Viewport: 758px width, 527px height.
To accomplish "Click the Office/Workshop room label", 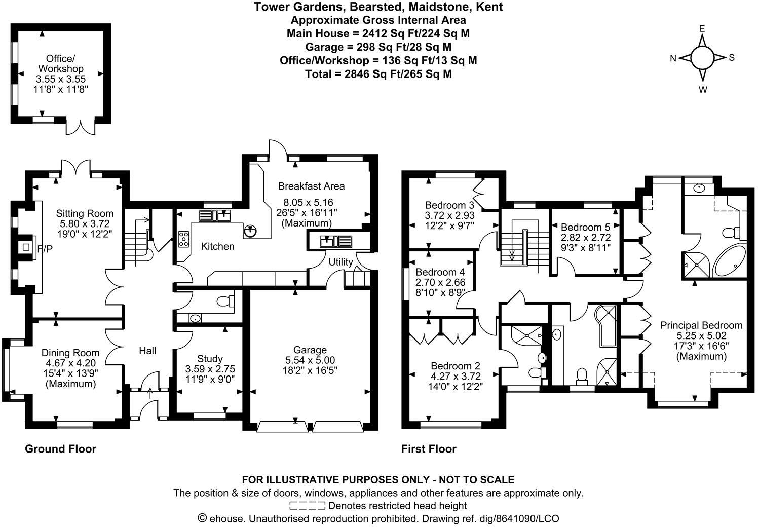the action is click(x=61, y=63).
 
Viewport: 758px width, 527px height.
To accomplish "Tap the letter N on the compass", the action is click(x=673, y=58).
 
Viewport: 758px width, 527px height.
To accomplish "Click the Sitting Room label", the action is click(x=85, y=213).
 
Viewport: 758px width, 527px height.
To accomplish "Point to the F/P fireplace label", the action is click(x=45, y=248).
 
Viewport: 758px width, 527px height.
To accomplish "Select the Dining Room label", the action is click(x=70, y=353).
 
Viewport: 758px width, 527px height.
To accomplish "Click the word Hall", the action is click(x=147, y=351).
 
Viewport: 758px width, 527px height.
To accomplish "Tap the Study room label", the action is click(x=210, y=359).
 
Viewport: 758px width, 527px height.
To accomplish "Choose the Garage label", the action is click(x=310, y=350).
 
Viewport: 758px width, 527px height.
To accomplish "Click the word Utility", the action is click(x=340, y=262).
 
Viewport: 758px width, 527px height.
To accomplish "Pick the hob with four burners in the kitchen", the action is click(x=183, y=239).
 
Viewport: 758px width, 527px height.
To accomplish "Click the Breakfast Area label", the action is click(x=311, y=186).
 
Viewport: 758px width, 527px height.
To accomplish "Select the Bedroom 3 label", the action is click(x=449, y=205).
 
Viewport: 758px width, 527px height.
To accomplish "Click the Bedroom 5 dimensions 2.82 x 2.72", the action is click(x=586, y=238).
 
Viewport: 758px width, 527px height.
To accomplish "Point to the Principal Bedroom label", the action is click(x=701, y=325).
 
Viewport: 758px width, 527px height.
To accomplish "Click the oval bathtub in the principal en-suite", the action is click(x=729, y=261).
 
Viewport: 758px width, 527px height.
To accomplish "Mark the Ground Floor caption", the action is click(x=60, y=449).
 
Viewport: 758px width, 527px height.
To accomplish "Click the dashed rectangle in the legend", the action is click(x=308, y=505).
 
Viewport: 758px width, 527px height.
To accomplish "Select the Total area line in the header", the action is click(x=378, y=74).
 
